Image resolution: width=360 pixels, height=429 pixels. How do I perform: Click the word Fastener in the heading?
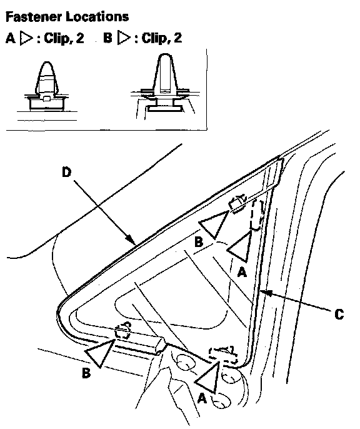coord(33,17)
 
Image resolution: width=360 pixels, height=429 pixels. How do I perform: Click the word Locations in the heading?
coord(97,17)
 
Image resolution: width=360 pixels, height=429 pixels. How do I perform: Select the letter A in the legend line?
coord(11,38)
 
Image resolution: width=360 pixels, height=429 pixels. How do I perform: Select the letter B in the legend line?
coord(107,38)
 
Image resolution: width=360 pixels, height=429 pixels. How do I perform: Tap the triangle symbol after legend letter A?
coord(26,38)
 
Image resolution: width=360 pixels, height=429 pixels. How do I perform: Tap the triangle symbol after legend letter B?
coord(124,38)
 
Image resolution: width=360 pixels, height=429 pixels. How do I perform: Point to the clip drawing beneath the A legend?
coord(47,87)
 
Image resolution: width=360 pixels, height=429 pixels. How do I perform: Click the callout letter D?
coord(66,173)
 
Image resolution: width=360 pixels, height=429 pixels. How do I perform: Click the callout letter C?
coord(339,314)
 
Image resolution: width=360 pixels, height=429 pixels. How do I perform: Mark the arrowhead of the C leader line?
coord(265,293)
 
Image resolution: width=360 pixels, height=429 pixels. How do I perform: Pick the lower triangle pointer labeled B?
coord(101,352)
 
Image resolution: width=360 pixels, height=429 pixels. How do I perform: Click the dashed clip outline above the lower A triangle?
coord(222,355)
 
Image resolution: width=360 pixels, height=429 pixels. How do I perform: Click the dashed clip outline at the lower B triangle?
coord(122,330)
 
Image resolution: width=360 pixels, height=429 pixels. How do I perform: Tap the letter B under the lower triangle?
coord(86,373)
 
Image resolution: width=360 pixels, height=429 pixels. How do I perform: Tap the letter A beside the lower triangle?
coord(202,398)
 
